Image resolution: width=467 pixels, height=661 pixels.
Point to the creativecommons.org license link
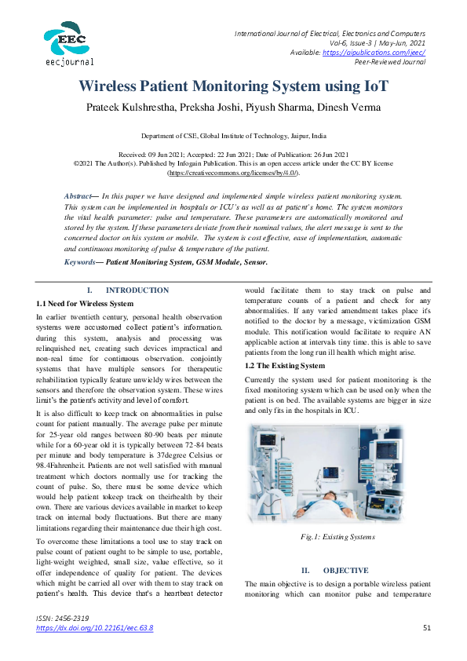233,171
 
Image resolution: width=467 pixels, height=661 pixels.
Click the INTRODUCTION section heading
137,290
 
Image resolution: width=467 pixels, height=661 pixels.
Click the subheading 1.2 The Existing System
284,366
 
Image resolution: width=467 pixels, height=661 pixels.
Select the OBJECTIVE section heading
345,570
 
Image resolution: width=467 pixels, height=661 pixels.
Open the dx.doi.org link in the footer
95,628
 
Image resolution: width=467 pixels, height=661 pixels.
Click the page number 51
427,628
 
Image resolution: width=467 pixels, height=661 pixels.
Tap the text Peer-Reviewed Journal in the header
390,61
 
